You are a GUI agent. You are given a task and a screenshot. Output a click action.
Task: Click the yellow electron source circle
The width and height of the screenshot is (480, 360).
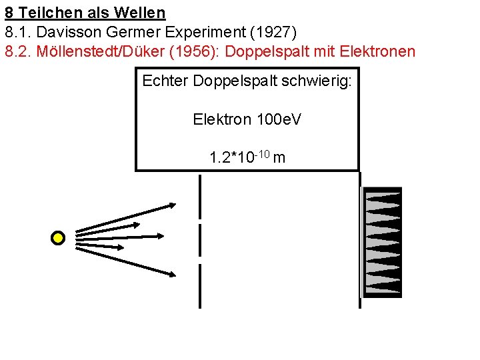point(59,238)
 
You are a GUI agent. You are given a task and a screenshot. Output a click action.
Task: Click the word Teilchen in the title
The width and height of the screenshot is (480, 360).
point(47,12)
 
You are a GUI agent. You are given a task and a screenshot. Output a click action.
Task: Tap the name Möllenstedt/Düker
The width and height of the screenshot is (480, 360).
point(101,51)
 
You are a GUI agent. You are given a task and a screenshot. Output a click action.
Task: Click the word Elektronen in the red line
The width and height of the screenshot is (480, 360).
point(377,51)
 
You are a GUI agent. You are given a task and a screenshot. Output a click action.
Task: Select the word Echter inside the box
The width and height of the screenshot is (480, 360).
point(165,81)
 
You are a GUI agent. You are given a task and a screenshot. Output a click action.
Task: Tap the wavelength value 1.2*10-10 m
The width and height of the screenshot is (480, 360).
point(247,157)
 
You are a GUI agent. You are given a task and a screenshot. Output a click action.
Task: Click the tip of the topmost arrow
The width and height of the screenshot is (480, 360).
point(176,205)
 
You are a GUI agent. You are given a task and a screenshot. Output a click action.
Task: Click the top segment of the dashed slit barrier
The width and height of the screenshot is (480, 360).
point(200,196)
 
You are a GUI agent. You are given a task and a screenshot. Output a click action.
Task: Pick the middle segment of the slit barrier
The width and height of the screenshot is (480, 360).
point(200,240)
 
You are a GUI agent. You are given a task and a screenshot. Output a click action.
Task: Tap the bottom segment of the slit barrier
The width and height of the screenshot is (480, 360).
point(200,285)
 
